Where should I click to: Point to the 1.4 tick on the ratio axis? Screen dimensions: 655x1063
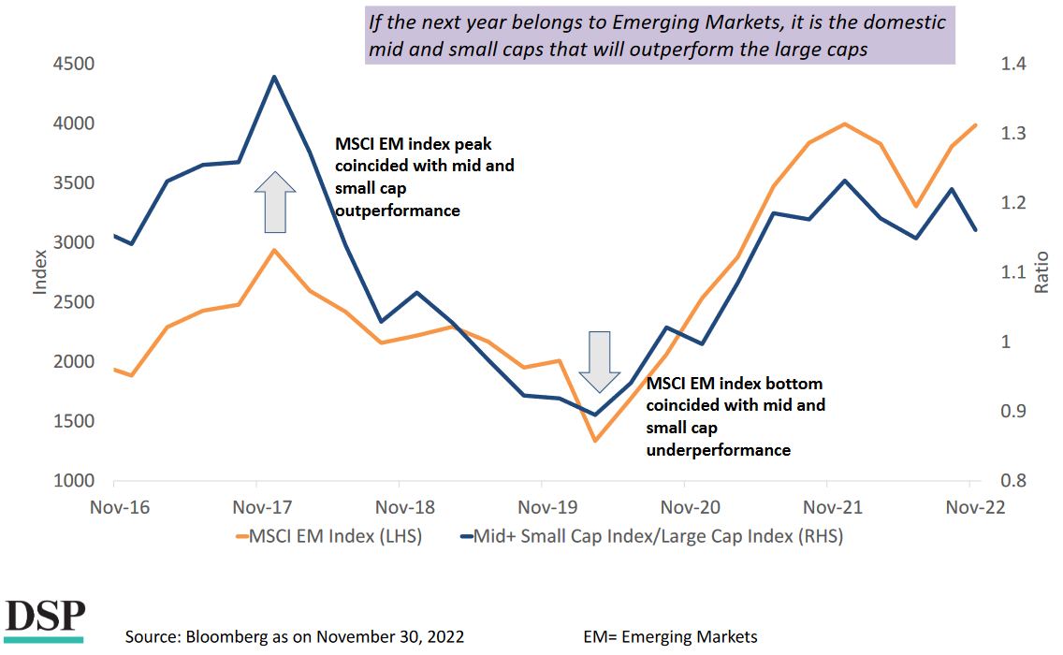(1014, 64)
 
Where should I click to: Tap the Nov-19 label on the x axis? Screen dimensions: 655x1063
(542, 507)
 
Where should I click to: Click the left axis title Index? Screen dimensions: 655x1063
(39, 271)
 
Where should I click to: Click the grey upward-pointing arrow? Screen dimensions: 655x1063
(275, 201)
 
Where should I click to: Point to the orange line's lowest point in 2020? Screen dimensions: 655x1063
(594, 440)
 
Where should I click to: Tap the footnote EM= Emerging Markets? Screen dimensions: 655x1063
(670, 637)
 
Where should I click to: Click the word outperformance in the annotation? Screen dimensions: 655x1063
(398, 211)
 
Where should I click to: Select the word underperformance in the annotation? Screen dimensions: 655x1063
(719, 450)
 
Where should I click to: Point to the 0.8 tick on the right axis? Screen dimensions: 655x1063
(1014, 481)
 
